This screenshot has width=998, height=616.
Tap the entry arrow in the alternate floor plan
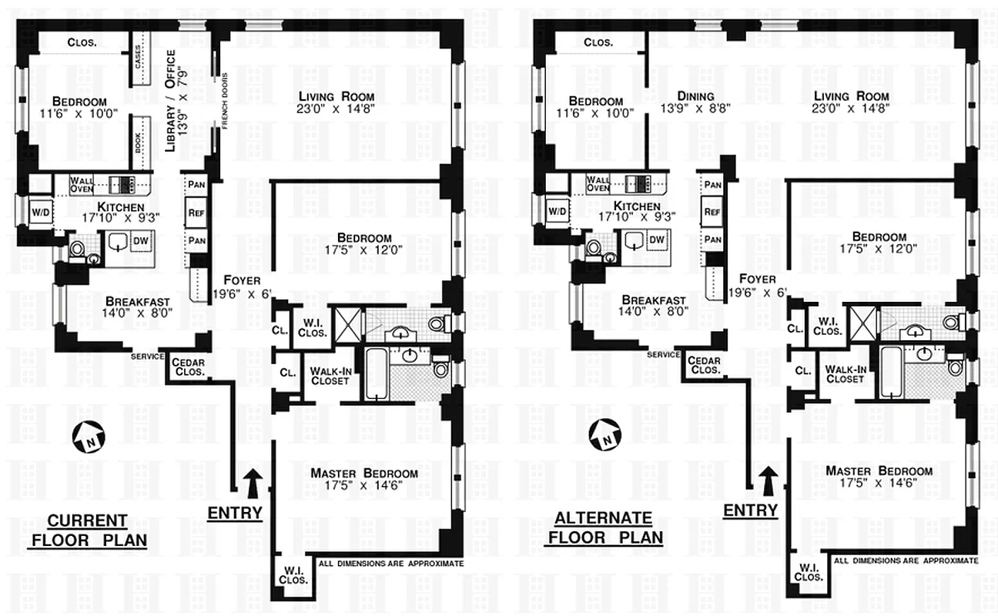pos(767,479)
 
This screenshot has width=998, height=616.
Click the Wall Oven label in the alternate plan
pos(598,183)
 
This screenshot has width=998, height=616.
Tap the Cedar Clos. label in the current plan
pos(188,367)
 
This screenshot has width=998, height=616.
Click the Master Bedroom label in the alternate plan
pos(879,471)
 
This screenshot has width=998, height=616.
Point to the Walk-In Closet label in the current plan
pos(330,375)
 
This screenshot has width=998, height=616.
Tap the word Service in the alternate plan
pos(662,355)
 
